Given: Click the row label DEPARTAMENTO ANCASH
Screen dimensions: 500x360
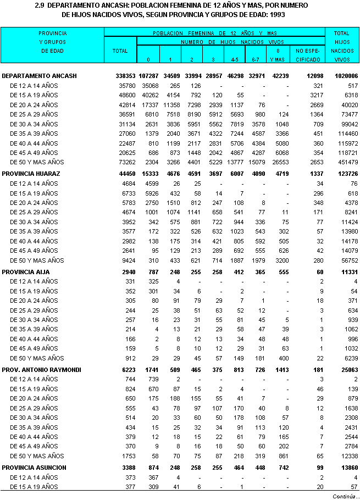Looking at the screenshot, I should click(x=39, y=76).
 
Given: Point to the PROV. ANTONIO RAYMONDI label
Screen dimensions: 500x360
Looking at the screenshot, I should click(x=41, y=370).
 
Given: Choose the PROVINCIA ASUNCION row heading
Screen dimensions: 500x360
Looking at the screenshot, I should click(x=34, y=468).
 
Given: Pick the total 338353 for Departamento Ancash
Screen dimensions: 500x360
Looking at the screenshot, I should click(x=120, y=76).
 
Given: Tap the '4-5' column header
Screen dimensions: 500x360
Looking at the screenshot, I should click(x=234, y=58).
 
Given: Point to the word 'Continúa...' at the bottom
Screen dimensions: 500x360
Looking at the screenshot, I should click(x=344, y=496).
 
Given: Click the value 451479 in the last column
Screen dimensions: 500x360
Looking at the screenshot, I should click(x=346, y=162).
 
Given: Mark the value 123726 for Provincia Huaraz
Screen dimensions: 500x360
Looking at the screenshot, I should click(x=346, y=174).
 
